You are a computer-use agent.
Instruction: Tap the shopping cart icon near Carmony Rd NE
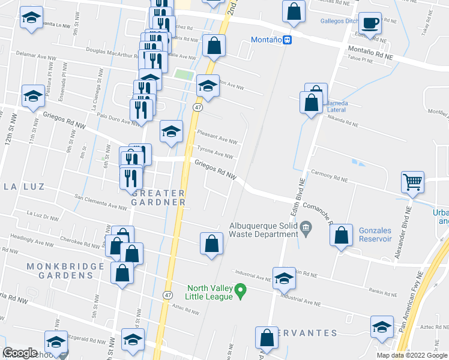coord(412,181)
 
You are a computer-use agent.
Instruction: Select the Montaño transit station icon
coord(288,40)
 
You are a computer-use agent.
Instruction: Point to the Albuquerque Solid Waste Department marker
coord(306,227)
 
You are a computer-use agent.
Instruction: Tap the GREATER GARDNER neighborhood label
coord(158,197)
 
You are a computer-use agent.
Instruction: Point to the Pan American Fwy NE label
coord(414,311)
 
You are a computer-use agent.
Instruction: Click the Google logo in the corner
coord(20,353)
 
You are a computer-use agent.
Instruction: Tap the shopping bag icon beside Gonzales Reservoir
coord(341,236)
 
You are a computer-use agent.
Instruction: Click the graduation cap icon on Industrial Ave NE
coord(284,278)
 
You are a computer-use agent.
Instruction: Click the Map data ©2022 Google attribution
coord(411,355)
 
